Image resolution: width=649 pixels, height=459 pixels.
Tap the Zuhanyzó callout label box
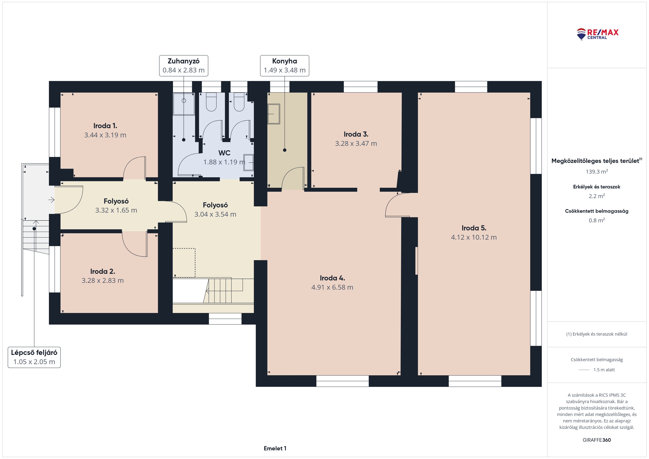[x=184, y=66]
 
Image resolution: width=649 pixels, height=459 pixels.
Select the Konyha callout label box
[x=285, y=66]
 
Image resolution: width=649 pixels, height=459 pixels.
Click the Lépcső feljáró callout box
[x=34, y=357]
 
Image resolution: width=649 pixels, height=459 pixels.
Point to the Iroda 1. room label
[x=105, y=126]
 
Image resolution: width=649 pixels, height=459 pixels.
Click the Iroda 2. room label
[x=103, y=271]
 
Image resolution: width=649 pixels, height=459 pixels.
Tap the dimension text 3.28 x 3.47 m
[x=356, y=144]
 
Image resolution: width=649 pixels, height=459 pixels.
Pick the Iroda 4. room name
[x=332, y=278]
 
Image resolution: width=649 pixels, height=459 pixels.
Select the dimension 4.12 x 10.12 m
[x=474, y=237]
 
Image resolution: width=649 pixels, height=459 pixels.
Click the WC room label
[x=224, y=153]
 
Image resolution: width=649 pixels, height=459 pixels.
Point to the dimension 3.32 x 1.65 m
[x=116, y=210]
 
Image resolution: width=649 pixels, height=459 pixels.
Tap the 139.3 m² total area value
[x=597, y=172]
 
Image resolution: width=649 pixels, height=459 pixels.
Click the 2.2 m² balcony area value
[x=597, y=196]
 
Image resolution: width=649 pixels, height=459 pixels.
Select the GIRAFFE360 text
[x=597, y=440]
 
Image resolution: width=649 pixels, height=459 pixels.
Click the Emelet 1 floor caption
[x=275, y=448]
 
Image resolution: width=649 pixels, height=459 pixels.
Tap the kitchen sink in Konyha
[x=274, y=114]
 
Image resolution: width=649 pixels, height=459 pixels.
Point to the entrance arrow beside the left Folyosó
[x=52, y=200]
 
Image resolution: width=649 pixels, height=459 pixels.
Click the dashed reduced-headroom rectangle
[x=184, y=263]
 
